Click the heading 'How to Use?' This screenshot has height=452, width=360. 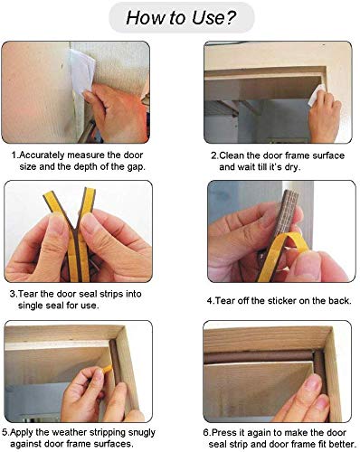[x=180, y=17]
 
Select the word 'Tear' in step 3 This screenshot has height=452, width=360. [x=32, y=294]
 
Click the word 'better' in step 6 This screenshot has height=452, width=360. [x=335, y=443]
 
